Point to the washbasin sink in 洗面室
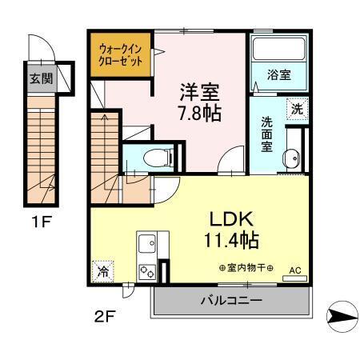point(292,158)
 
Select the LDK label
point(232,218)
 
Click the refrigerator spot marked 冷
point(103,271)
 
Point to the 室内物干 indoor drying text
point(246,268)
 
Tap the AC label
point(294,270)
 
